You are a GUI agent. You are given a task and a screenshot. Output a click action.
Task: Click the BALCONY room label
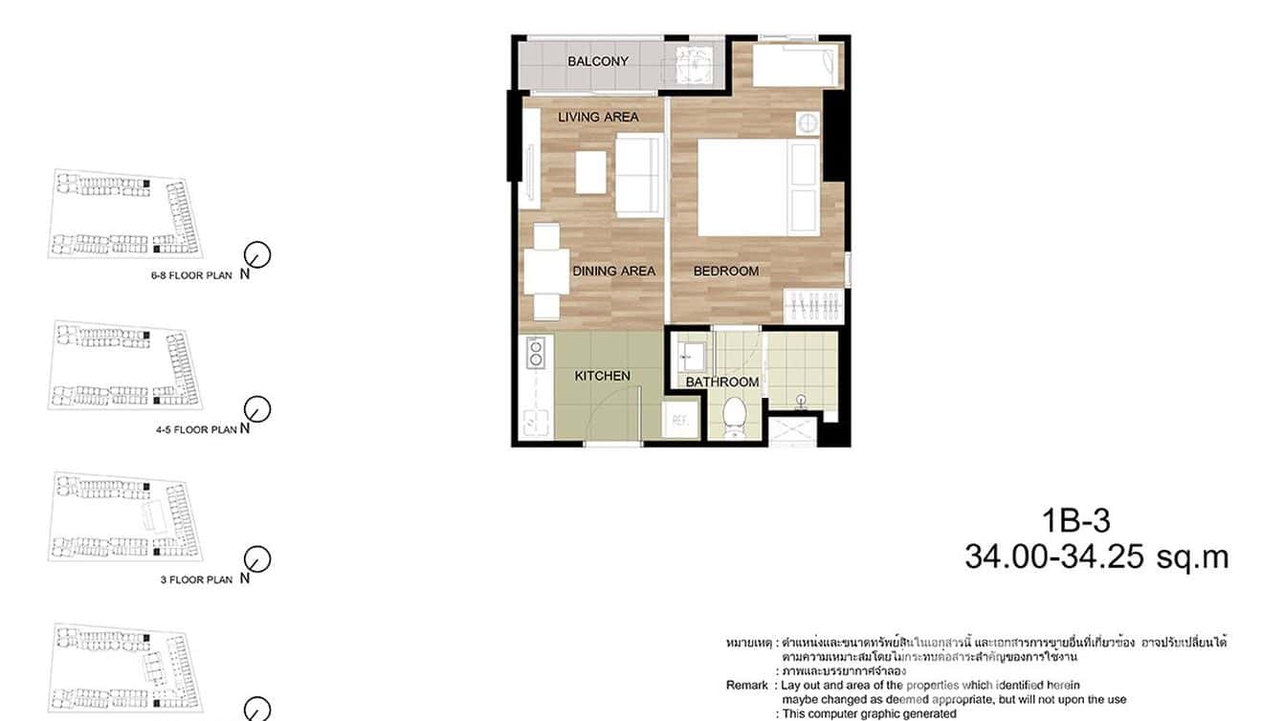pyautogui.click(x=598, y=61)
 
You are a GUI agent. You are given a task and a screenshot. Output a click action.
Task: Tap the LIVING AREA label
pyautogui.click(x=598, y=117)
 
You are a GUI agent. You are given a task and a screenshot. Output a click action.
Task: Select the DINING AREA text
pyautogui.click(x=613, y=272)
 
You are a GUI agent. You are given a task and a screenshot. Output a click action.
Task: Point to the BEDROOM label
pyautogui.click(x=726, y=272)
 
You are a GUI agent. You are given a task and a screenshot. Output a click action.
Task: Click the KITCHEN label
pyautogui.click(x=602, y=376)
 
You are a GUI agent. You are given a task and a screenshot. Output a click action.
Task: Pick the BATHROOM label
pyautogui.click(x=722, y=382)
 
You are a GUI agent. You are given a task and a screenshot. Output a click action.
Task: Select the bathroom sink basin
pyautogui.click(x=690, y=358)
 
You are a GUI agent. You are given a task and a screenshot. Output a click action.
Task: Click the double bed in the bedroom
pyautogui.click(x=756, y=187)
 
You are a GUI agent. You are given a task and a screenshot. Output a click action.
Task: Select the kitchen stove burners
pyautogui.click(x=536, y=353)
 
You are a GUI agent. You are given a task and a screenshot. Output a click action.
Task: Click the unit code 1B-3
pyautogui.click(x=1076, y=521)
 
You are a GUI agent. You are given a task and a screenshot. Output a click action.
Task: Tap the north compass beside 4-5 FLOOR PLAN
pyautogui.click(x=257, y=409)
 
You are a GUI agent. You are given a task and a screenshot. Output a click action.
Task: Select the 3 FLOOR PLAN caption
pyautogui.click(x=196, y=579)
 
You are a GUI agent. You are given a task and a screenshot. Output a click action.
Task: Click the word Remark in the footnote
pyautogui.click(x=747, y=686)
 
